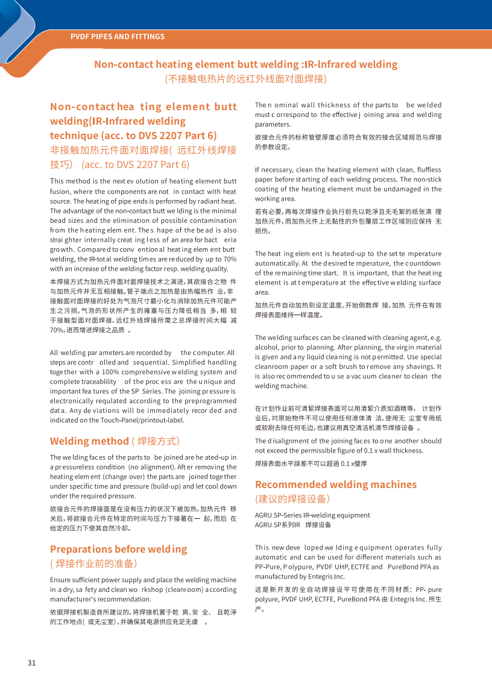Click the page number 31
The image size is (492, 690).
31,663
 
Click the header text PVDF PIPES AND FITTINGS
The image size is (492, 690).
117,37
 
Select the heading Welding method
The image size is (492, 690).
89,441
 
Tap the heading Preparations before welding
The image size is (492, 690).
118,549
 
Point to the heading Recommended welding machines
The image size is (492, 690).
335,484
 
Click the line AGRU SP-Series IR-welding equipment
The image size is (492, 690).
312,515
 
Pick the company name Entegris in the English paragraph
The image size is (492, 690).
329,576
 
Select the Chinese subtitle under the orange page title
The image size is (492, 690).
245,79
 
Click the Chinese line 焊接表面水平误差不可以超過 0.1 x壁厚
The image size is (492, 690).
311,463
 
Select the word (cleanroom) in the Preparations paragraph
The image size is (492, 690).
181,589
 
